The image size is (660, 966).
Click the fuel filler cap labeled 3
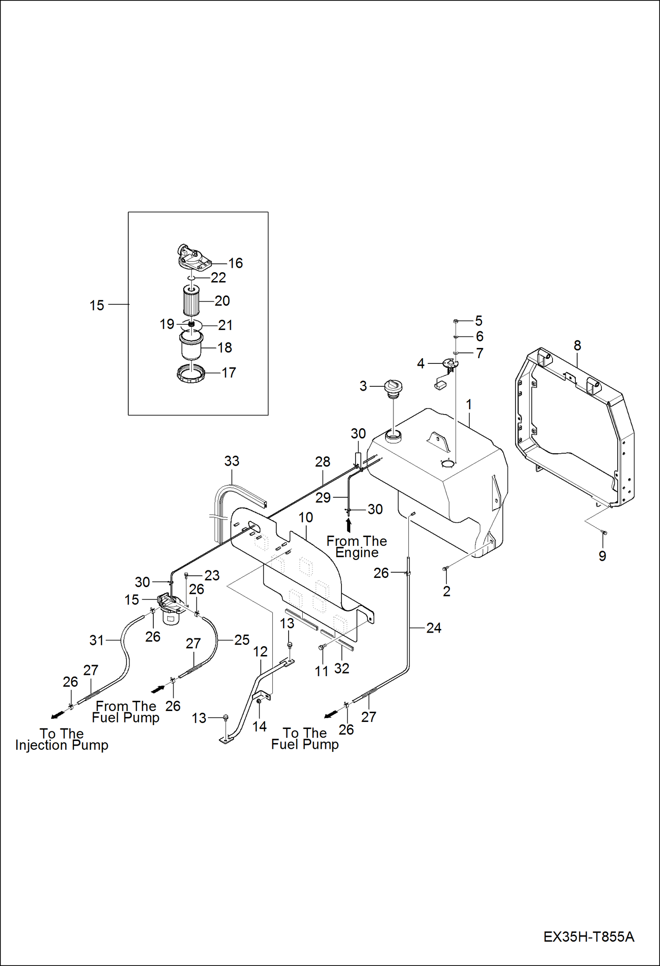[x=393, y=387]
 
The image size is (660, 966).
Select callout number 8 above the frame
[x=577, y=345]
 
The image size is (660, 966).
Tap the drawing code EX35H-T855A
[x=588, y=936]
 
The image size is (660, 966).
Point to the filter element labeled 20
[x=191, y=300]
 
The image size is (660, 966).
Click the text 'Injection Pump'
[x=62, y=745]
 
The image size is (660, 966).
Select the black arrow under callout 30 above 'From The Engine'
[x=349, y=525]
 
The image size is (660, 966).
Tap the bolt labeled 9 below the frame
[x=604, y=533]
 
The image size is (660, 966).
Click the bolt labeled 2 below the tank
[x=445, y=569]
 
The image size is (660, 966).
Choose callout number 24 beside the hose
[x=434, y=628]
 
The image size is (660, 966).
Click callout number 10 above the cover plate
[x=306, y=517]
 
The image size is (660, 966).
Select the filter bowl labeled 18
[x=191, y=346]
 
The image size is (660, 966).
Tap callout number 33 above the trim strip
[x=232, y=461]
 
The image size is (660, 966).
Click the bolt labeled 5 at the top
[x=456, y=321]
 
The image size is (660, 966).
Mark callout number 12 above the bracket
[x=260, y=651]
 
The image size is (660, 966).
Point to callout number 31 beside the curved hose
[x=96, y=640]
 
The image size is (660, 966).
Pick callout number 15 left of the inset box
[x=96, y=305]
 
